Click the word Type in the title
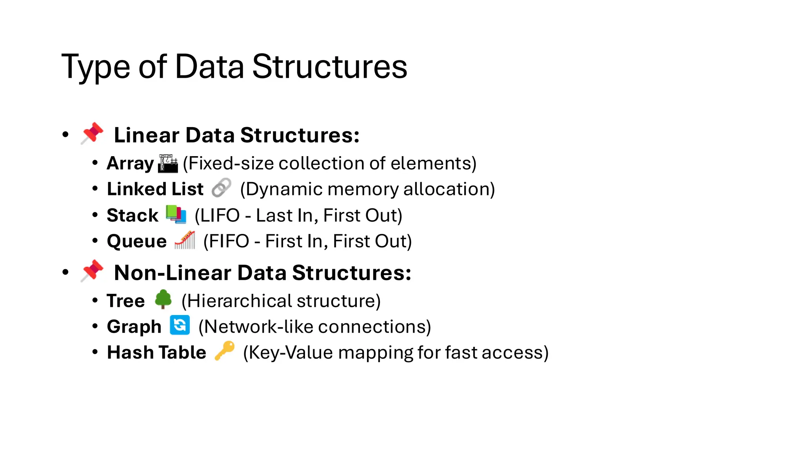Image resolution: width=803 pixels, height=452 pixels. pos(95,67)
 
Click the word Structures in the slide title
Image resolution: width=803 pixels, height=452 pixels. pos(329,67)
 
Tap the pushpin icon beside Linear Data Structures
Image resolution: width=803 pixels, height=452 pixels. pos(92,133)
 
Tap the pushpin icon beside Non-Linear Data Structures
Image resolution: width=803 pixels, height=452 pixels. pos(92,271)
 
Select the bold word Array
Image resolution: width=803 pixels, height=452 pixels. pos(130,163)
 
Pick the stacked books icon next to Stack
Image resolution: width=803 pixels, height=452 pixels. pos(176,214)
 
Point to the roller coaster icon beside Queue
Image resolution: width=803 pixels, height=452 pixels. pos(185,240)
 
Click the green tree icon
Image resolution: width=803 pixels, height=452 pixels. pos(163,299)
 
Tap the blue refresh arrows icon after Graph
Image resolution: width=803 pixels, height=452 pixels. pos(180,325)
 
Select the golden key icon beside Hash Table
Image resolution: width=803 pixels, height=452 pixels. pos(224,350)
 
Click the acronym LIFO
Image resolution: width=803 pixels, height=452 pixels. pos(220,215)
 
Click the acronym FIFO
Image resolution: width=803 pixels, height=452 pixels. pos(229,241)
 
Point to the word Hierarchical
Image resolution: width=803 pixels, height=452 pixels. pos(239,301)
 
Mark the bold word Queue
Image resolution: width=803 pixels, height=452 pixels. pos(136,241)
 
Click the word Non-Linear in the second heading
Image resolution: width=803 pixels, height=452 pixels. pos(172,273)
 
